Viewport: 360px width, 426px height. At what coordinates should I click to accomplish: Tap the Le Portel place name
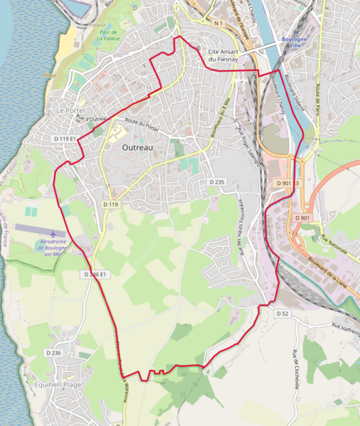[x=70, y=111]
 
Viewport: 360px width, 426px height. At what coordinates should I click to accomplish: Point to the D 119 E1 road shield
[x=64, y=139]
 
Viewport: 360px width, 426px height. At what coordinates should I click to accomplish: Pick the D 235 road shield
[x=217, y=183]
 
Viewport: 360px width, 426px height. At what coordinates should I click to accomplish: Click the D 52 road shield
[x=282, y=314]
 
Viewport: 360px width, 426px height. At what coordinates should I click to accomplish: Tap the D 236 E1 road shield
[x=95, y=275]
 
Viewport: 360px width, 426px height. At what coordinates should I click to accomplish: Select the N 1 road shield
[x=219, y=23]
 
